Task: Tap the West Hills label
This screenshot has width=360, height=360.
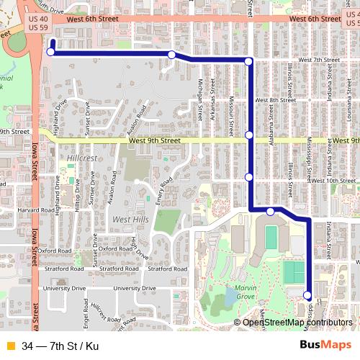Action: (x=131, y=219)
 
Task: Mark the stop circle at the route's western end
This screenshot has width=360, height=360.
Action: (x=51, y=52)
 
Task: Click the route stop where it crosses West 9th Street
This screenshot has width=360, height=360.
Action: (x=249, y=135)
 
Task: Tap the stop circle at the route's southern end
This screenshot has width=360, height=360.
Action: (x=307, y=295)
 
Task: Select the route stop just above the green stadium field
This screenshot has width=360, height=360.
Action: (x=270, y=211)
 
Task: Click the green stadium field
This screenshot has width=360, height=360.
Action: (x=271, y=237)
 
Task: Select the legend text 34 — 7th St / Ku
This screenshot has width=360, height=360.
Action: (x=60, y=346)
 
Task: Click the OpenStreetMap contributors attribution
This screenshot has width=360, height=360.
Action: (x=297, y=323)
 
